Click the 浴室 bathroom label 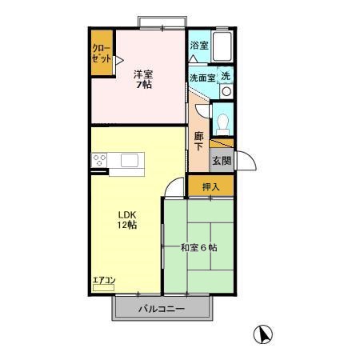click(x=199, y=45)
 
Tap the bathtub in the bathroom click(x=222, y=46)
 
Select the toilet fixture click(x=222, y=125)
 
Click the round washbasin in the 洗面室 click(x=226, y=91)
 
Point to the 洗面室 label click(x=202, y=78)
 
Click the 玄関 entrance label click(x=222, y=161)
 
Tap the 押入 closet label click(x=211, y=187)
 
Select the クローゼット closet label click(x=102, y=54)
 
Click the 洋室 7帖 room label click(x=143, y=79)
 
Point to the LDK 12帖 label click(x=127, y=220)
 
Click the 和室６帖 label click(x=199, y=248)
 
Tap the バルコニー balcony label click(x=162, y=309)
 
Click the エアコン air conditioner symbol click(x=103, y=288)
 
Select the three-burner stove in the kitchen click(x=99, y=160)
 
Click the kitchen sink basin click(x=130, y=160)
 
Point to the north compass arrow click(x=265, y=335)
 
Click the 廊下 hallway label click(x=198, y=142)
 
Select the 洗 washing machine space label click(x=226, y=76)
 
